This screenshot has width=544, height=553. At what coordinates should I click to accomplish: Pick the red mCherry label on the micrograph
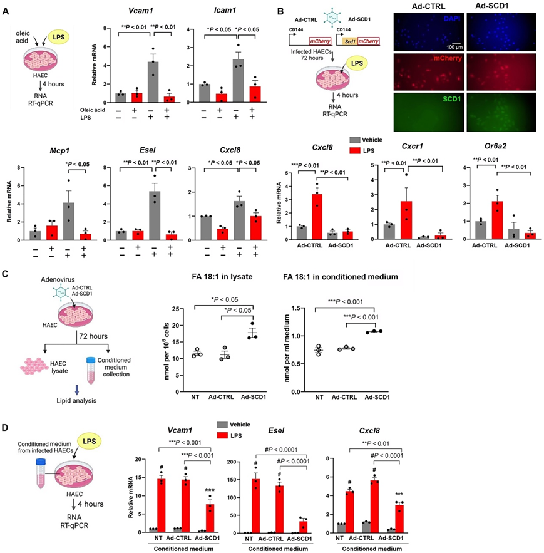click(x=460, y=61)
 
